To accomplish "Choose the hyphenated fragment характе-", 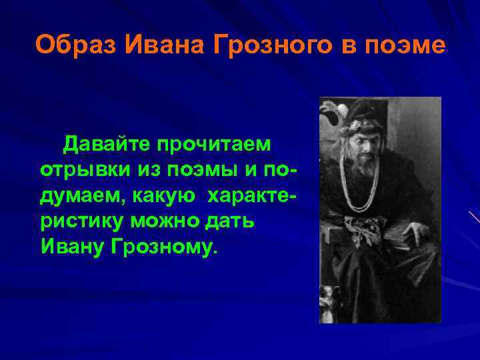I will (253, 194).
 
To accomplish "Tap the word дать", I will (233, 220).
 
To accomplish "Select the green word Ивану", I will (71, 245).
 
